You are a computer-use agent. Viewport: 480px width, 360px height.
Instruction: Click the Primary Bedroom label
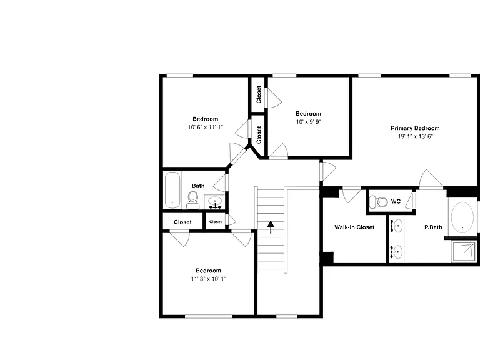[x=415, y=128]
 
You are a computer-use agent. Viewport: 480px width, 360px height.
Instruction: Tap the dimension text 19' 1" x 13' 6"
[x=416, y=136]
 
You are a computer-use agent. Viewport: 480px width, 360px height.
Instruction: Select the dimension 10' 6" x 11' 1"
[x=206, y=127]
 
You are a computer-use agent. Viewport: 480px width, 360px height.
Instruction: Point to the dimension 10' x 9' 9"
[x=309, y=121]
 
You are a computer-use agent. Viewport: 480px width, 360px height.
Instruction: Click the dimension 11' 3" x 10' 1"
[x=209, y=279]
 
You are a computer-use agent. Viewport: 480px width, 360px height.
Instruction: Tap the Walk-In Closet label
[x=354, y=227]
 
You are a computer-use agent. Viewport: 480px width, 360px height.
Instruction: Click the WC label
[x=396, y=201]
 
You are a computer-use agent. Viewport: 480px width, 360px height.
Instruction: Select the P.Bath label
[x=433, y=227]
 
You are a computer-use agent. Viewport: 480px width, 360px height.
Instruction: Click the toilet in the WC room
[x=379, y=202]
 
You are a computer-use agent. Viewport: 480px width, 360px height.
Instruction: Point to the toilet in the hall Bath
[x=193, y=200]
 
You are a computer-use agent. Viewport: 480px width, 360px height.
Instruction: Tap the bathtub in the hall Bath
[x=172, y=190]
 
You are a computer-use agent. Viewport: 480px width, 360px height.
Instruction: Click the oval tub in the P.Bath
[x=462, y=217]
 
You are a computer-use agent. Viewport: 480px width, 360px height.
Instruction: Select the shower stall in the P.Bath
[x=464, y=252]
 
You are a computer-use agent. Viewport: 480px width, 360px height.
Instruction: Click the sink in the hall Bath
[x=215, y=202]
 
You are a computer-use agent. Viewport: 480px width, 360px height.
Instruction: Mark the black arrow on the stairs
[x=271, y=227]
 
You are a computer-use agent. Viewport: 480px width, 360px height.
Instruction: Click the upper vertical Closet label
[x=259, y=94]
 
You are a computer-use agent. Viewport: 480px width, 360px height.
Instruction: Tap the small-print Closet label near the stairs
[x=216, y=222]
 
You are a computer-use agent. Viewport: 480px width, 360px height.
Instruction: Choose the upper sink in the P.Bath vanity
[x=397, y=226]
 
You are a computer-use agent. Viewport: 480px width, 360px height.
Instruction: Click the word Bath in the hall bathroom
[x=198, y=186]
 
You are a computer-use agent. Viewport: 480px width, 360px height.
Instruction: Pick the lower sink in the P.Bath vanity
[x=397, y=252]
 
